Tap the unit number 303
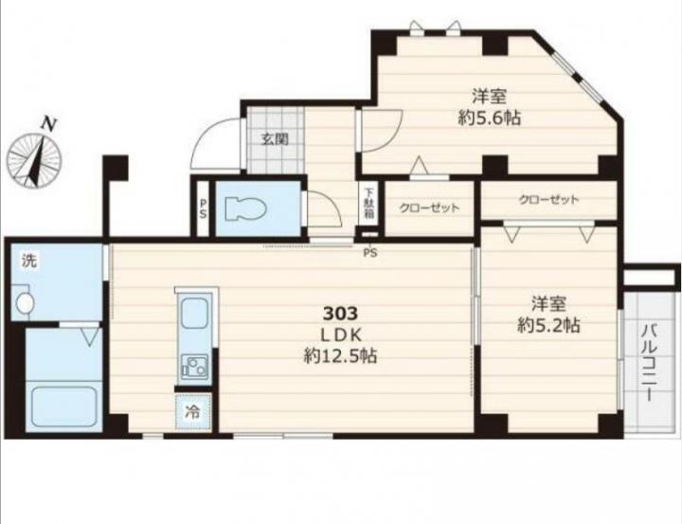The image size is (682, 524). click(340, 313)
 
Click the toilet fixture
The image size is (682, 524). click(245, 209)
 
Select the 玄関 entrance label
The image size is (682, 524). click(275, 139)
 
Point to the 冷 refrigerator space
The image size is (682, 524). click(193, 411)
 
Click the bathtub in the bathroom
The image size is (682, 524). click(64, 407)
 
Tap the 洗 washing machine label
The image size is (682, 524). click(29, 261)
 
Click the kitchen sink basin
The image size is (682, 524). click(194, 314)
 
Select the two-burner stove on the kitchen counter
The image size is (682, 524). click(194, 366)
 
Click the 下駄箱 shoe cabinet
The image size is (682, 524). click(368, 203)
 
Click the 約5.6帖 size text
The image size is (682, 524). click(489, 117)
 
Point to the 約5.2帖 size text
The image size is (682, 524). click(548, 325)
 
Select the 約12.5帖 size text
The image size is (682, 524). click(340, 356)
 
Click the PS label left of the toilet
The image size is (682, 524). click(203, 209)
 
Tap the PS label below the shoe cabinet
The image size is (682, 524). click(370, 252)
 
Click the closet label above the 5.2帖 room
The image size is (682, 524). click(548, 200)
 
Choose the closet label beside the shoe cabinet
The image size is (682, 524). click(429, 208)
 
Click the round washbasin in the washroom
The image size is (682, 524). click(26, 302)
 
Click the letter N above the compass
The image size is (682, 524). click(48, 124)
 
